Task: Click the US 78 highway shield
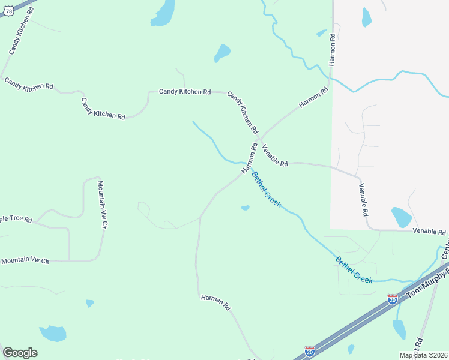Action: pos(8,11)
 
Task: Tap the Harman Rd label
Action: pos(216,301)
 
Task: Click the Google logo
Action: pos(20,353)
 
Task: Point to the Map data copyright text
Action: pos(423,355)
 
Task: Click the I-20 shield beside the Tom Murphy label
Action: pos(392,299)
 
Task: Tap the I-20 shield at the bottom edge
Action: pos(309,352)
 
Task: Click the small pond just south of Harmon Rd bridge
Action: pos(245,208)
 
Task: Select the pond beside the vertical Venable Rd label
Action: pos(400,217)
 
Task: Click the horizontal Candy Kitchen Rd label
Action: pos(184,92)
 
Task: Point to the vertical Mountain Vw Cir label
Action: pos(102,205)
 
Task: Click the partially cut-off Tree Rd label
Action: pos(16,219)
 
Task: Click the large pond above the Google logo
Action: pos(53,333)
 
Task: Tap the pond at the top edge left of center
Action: pos(163,13)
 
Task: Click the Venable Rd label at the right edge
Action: pos(429,232)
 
